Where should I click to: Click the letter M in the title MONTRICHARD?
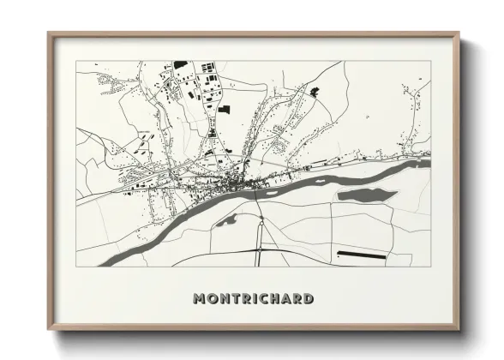tap(201, 299)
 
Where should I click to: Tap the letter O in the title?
tap(214, 299)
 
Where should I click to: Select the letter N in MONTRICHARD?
tap(226, 299)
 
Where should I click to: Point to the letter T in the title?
tap(237, 299)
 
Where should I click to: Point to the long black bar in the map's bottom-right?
tap(363, 254)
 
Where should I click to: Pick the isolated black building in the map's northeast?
tap(314, 91)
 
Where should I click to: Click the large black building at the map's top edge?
tap(181, 63)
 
